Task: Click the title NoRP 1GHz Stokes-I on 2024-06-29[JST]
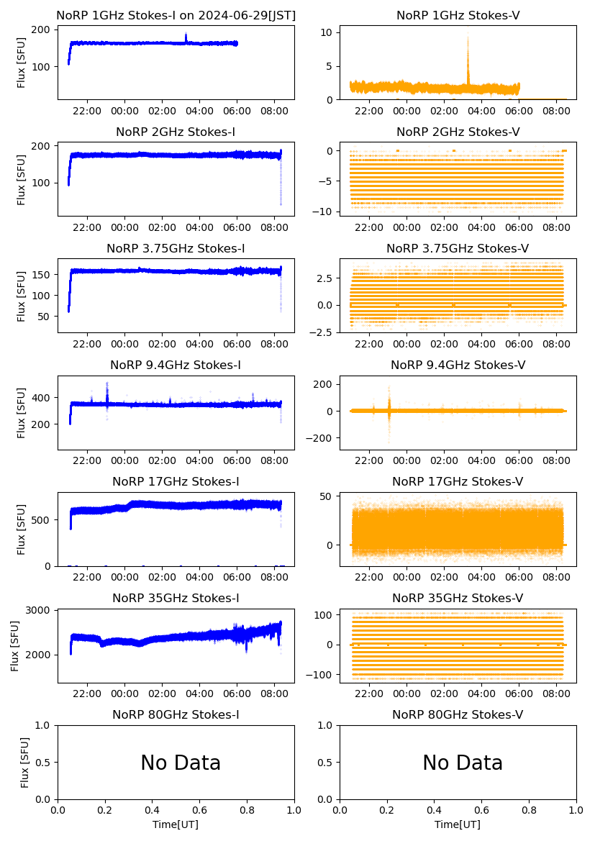tap(176, 15)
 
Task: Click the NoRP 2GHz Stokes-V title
tap(458, 132)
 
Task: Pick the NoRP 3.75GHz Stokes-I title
tap(176, 248)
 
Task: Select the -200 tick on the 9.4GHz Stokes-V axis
tap(320, 438)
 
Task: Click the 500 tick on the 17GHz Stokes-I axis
tap(42, 519)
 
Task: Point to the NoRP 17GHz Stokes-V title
tap(458, 481)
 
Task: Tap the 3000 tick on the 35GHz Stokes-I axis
tap(38, 610)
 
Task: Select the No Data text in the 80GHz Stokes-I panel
tap(180, 763)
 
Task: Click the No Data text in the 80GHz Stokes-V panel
tap(462, 763)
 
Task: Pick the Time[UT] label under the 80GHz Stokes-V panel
tap(458, 824)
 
